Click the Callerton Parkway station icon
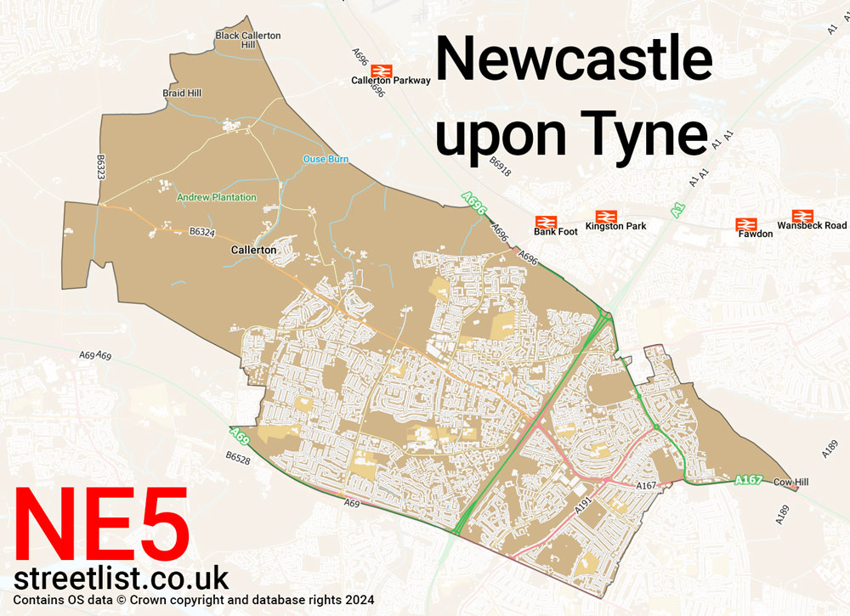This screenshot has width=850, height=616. pyautogui.click(x=382, y=70)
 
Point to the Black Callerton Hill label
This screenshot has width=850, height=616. pyautogui.click(x=247, y=40)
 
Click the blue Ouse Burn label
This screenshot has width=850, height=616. pyautogui.click(x=326, y=159)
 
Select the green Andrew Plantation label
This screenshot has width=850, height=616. pyautogui.click(x=216, y=197)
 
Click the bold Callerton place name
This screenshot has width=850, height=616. pyautogui.click(x=253, y=251)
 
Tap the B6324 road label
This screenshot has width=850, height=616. pyautogui.click(x=202, y=230)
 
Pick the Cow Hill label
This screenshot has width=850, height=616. pyautogui.click(x=790, y=482)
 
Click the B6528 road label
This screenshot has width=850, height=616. pyautogui.click(x=239, y=457)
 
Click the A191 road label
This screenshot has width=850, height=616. pyautogui.click(x=583, y=504)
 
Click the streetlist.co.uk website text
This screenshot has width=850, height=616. pyautogui.click(x=122, y=579)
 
